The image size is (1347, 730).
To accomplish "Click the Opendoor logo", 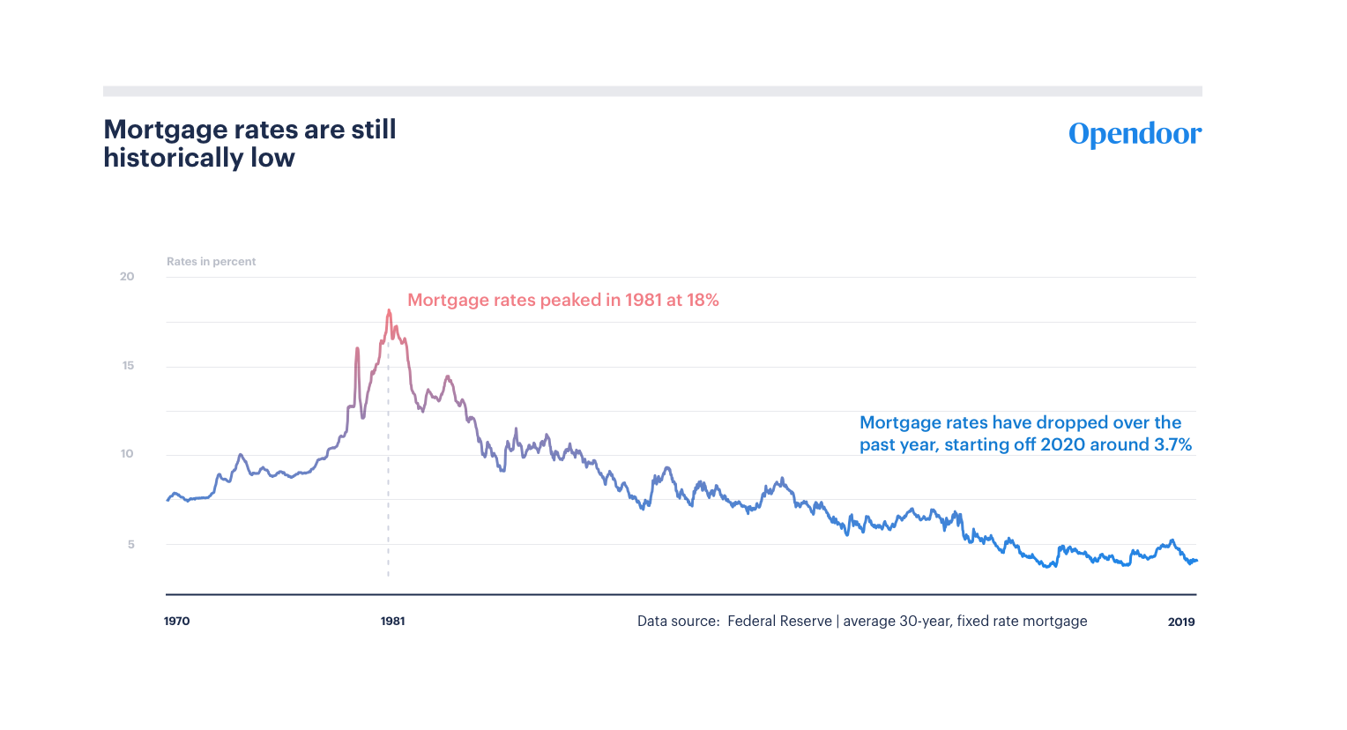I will click(1135, 134).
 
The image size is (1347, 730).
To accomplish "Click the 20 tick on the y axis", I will click(128, 277).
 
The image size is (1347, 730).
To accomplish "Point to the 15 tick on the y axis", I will click(129, 366).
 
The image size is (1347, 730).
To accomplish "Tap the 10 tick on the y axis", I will click(128, 454).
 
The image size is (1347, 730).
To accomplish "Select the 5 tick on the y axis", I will click(131, 544).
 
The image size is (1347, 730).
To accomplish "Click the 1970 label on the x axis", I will click(177, 622).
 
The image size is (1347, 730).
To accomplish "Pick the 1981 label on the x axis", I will click(393, 622).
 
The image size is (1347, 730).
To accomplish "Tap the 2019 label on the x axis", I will click(1181, 622).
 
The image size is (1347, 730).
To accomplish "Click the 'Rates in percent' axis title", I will click(212, 262).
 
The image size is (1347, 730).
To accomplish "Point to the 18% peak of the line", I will click(389, 310).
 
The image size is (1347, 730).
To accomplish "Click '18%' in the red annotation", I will click(703, 301).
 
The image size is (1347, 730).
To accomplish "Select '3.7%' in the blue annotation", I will click(1172, 445).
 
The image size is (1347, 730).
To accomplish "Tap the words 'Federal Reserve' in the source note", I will click(779, 622).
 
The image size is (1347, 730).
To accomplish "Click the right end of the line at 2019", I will click(1196, 561).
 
